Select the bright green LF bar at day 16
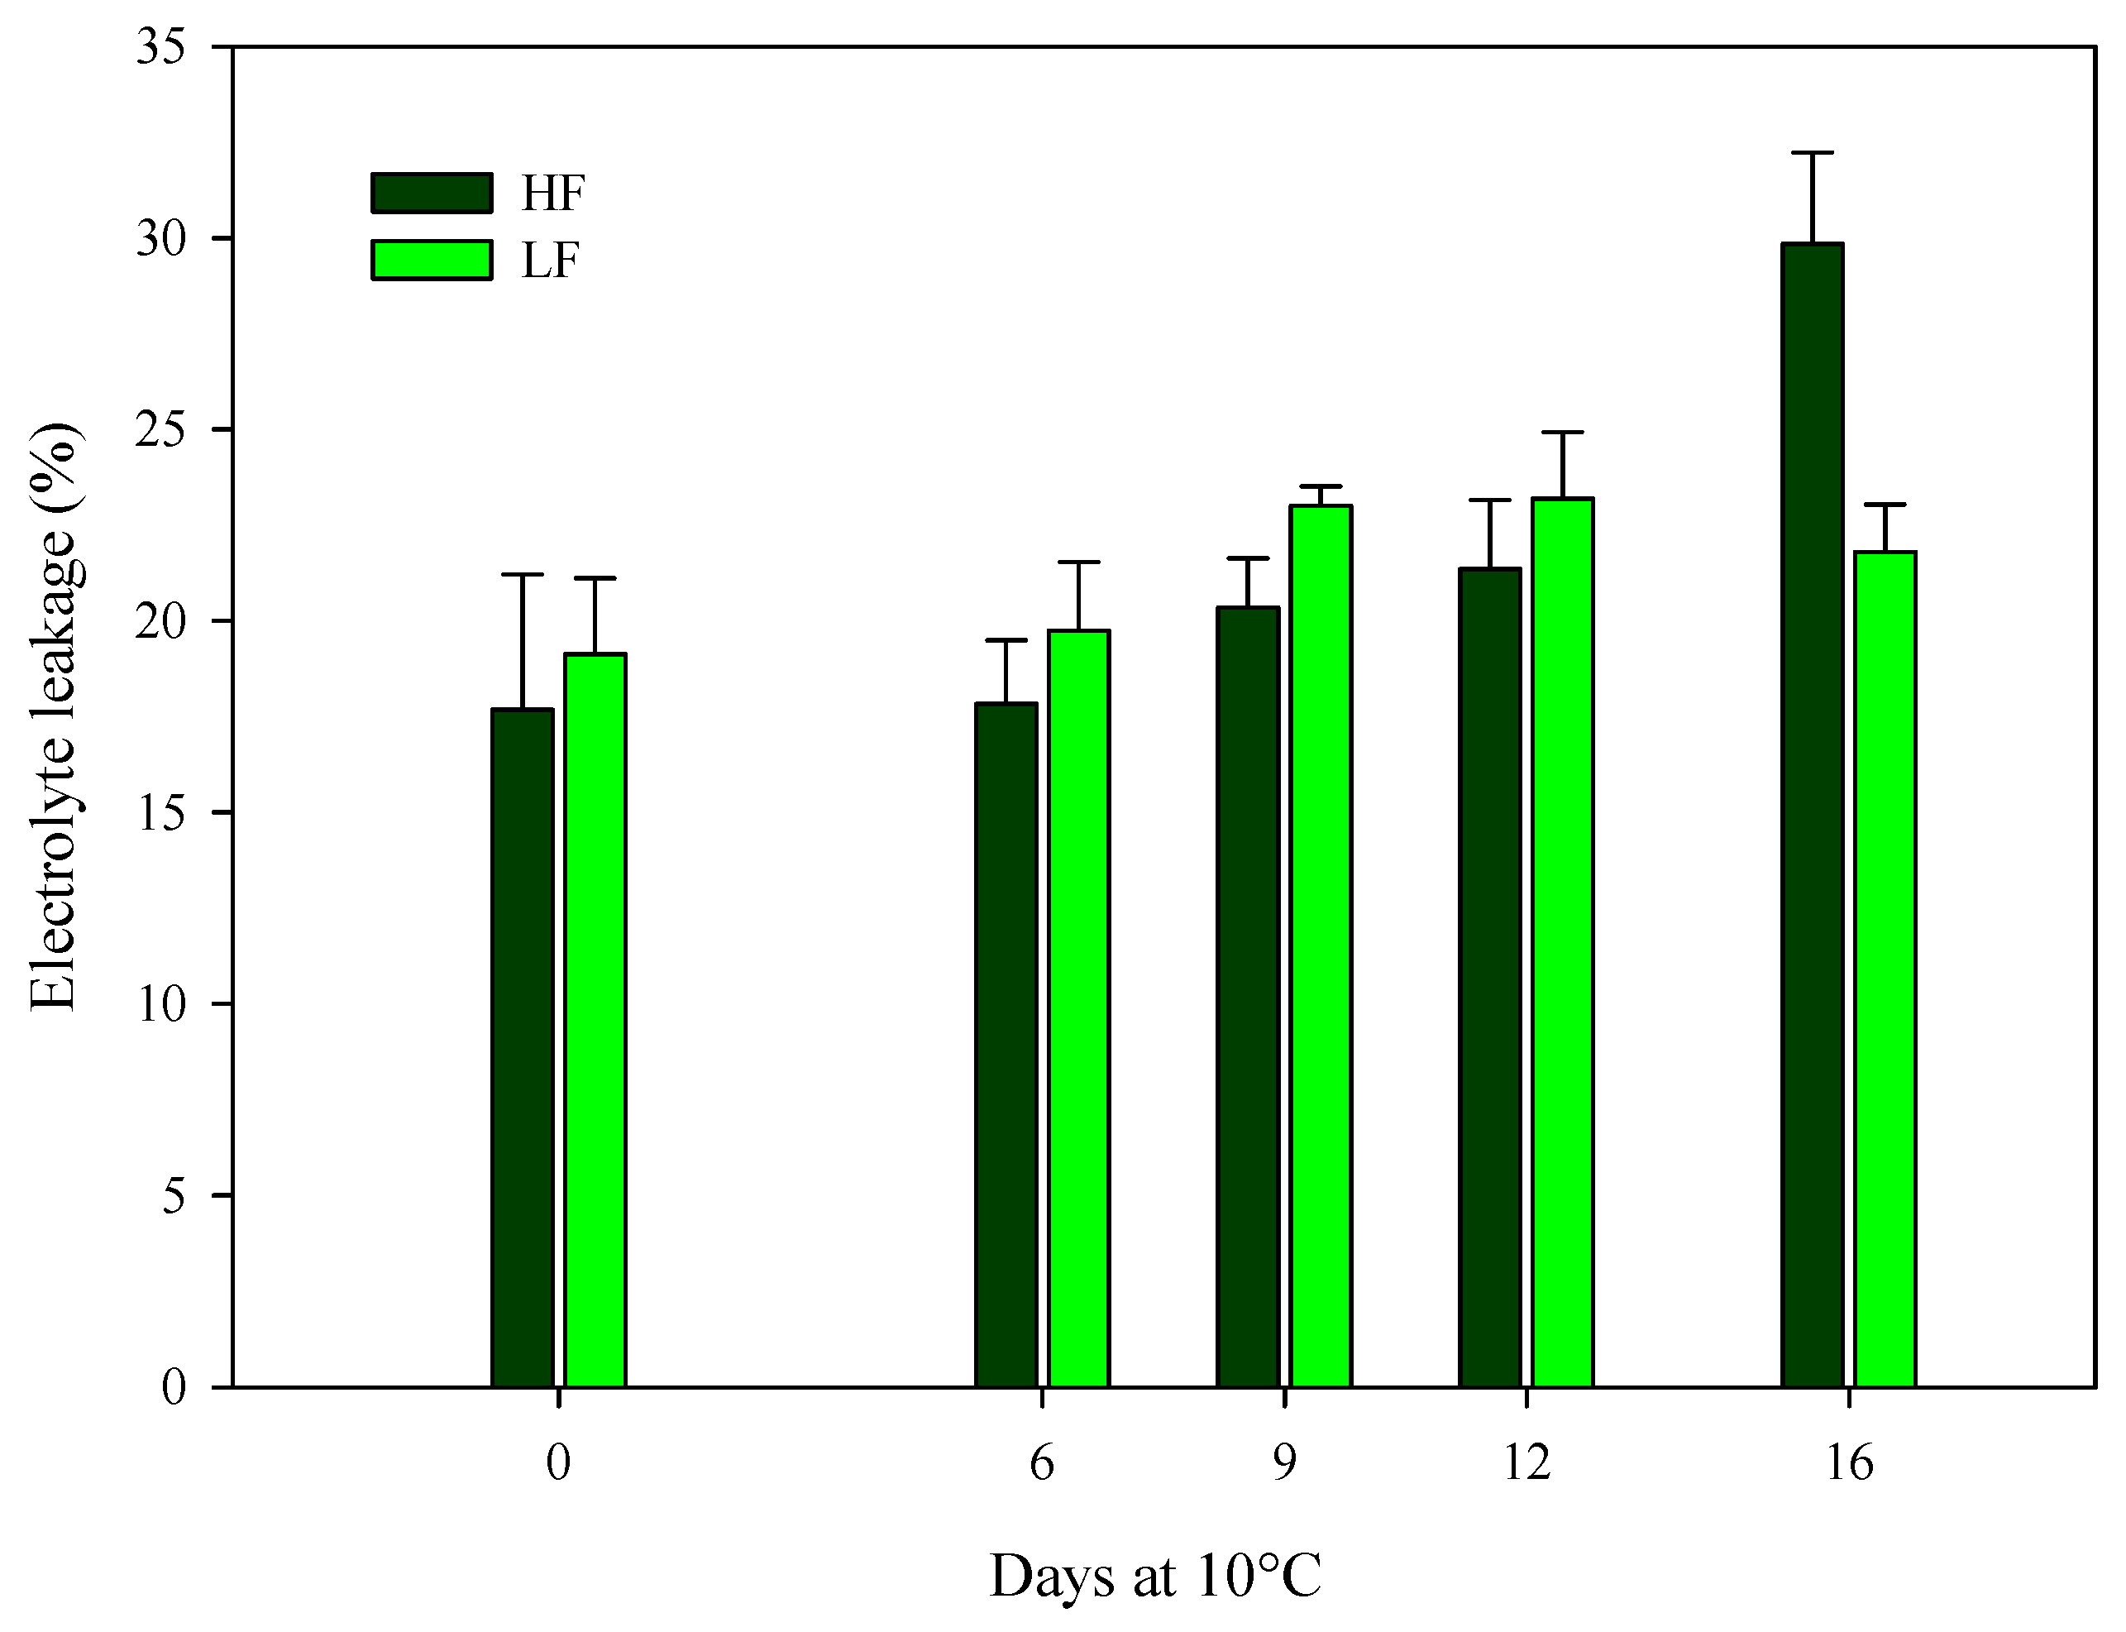1885,971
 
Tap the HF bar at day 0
523,1049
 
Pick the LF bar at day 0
595,1020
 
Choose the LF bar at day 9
1320,947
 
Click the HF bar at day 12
1490,976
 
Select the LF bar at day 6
1078,1010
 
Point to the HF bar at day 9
1248,996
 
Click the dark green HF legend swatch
431,194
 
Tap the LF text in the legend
550,261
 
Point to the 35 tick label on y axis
161,46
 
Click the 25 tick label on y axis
161,429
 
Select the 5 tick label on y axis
173,1196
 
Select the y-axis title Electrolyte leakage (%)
55,717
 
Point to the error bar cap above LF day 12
1563,433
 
